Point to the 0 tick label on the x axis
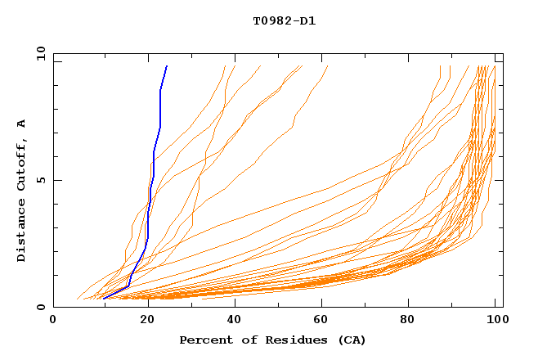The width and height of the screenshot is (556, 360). pyautogui.click(x=54, y=321)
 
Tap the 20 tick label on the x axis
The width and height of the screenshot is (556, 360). pyautogui.click(x=142, y=321)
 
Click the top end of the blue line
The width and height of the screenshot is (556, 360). pyautogui.click(x=167, y=66)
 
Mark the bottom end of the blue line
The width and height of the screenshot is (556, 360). pyautogui.click(x=104, y=298)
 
